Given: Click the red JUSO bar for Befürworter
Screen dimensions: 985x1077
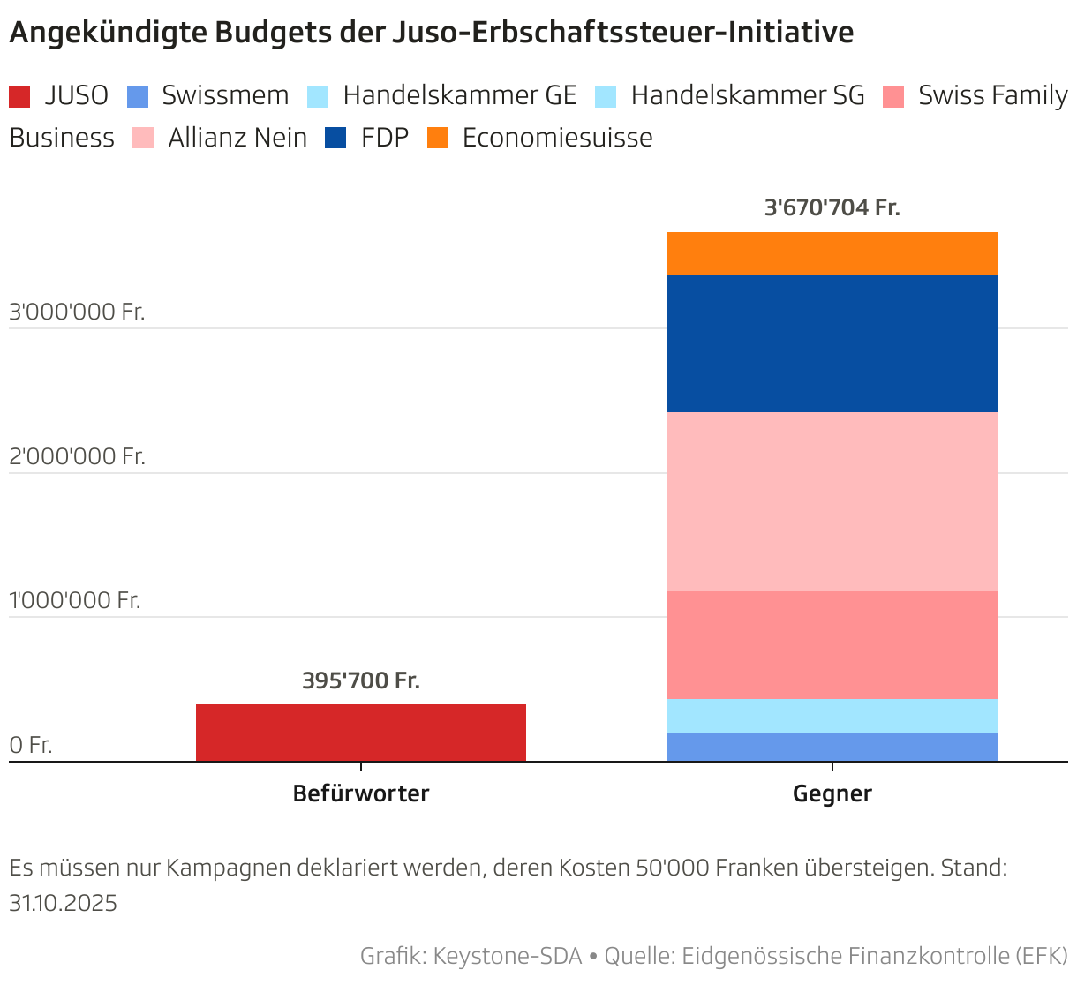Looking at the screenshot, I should click(x=360, y=732).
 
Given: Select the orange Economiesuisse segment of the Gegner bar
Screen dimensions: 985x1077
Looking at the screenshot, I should click(x=832, y=253).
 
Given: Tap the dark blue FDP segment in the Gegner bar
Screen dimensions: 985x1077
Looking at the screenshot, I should click(x=832, y=343).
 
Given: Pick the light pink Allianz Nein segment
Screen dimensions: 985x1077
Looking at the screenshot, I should click(x=832, y=501).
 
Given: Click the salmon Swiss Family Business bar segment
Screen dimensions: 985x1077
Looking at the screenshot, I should click(x=832, y=644).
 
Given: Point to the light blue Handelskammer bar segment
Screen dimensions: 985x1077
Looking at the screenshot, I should click(x=832, y=715).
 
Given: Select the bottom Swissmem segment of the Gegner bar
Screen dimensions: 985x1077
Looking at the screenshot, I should click(x=832, y=747).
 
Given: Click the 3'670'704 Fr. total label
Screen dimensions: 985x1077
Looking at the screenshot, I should click(x=832, y=207).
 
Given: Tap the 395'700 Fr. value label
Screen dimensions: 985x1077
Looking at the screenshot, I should click(x=360, y=680).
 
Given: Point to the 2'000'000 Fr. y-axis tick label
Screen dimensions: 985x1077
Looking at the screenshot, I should click(x=77, y=456).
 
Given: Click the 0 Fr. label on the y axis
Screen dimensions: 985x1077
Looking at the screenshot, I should click(x=31, y=745).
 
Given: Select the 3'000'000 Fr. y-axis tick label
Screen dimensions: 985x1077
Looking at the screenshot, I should click(x=77, y=312).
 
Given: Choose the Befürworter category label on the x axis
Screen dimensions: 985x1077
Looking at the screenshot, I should click(x=360, y=793).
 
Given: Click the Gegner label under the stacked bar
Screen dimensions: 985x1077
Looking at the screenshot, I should click(x=832, y=793).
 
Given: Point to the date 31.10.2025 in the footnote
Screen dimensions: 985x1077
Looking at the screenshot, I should click(x=63, y=903).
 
